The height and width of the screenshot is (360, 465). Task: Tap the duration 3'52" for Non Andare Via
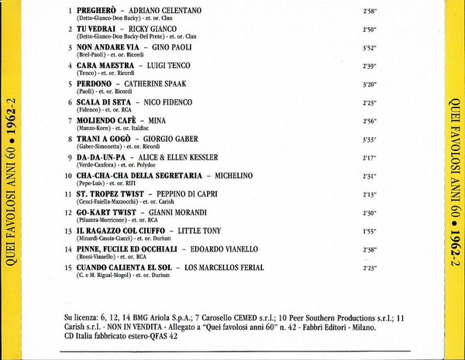[x=369, y=48]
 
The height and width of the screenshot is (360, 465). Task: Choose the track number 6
[x=70, y=101]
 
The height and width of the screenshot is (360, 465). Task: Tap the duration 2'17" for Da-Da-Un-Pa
[x=369, y=158]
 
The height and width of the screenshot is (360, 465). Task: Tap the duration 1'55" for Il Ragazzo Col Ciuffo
[x=369, y=231]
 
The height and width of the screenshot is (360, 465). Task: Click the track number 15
[x=68, y=267]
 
